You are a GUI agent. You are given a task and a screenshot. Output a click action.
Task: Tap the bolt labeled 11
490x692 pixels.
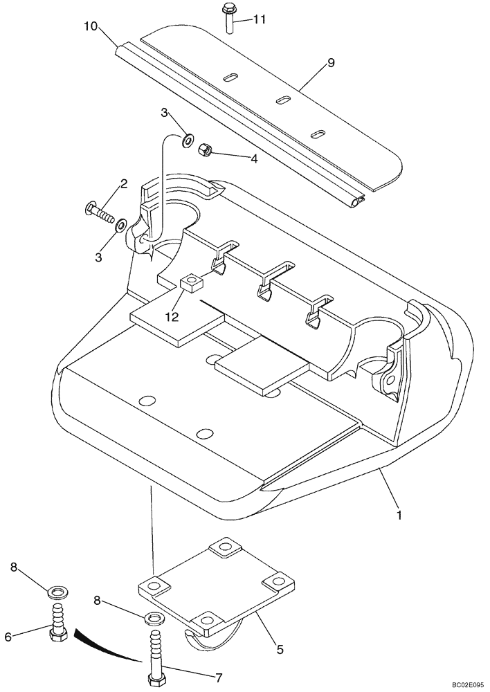point(228,18)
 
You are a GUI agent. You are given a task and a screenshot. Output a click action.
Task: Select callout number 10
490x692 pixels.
point(91,28)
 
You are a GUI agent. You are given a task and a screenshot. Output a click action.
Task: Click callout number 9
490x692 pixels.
point(331,63)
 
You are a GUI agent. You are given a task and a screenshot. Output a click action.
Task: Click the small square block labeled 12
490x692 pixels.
point(191,283)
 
